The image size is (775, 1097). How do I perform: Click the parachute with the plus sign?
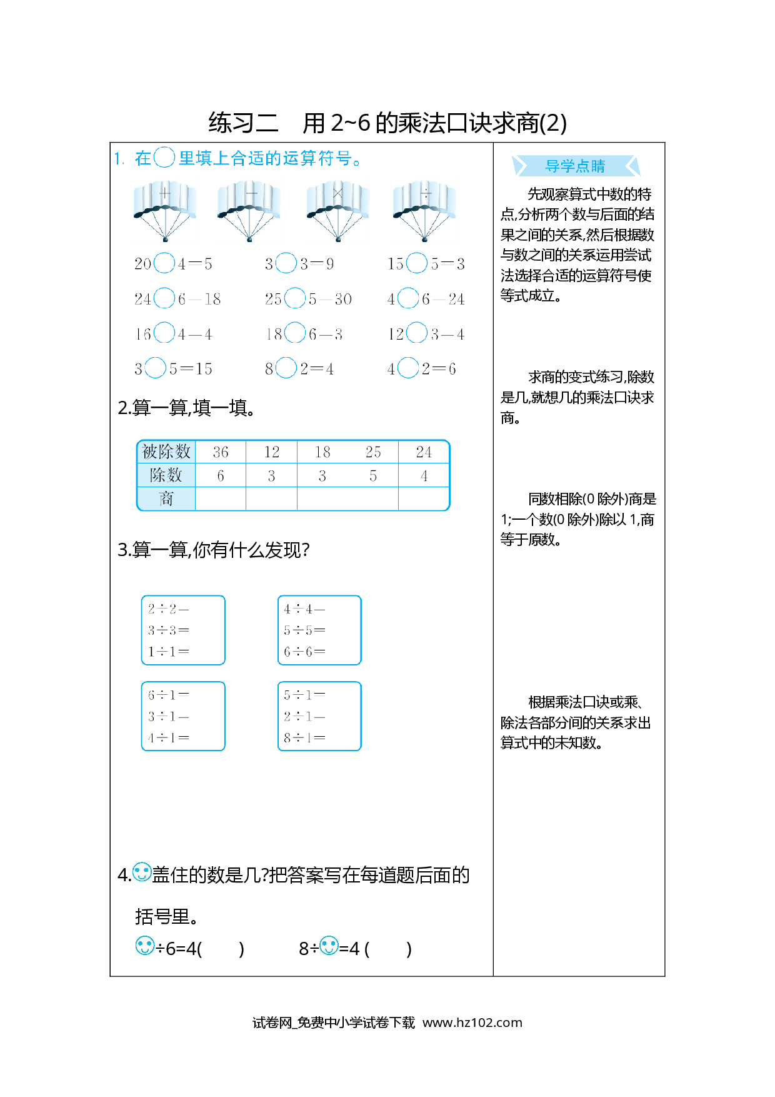165,211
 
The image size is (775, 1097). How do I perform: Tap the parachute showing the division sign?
424,211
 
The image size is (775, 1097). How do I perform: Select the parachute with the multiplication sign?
338,211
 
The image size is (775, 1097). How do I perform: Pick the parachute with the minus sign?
249,211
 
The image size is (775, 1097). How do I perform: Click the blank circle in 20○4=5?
164,263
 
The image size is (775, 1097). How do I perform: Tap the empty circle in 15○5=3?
417,263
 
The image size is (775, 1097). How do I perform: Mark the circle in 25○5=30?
295,298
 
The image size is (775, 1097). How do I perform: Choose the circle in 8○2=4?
286,368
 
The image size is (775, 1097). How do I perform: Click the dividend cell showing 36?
221,452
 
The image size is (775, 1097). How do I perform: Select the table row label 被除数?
166,452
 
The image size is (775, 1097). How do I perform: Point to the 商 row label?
166,498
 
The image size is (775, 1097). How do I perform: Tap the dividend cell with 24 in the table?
424,452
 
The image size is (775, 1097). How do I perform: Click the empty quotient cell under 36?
221,498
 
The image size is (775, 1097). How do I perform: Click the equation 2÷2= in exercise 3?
168,609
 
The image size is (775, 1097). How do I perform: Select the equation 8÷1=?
304,738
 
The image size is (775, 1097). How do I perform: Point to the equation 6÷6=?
304,652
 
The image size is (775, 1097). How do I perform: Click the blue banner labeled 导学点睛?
576,166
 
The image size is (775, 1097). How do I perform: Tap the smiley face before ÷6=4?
145,945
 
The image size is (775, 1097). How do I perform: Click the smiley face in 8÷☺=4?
329,945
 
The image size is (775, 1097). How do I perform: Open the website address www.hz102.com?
472,1023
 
